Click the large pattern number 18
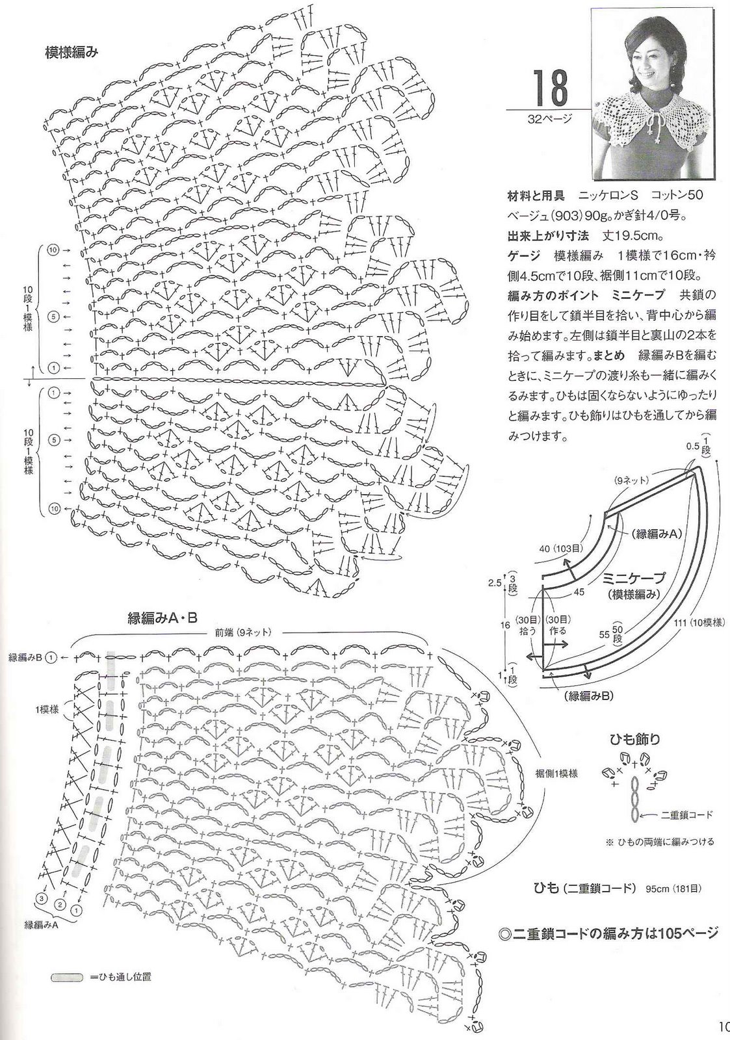click(550, 87)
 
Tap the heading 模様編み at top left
click(72, 53)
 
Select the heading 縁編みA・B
click(163, 618)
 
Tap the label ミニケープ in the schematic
click(633, 578)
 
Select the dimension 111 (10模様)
click(698, 623)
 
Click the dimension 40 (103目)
click(561, 549)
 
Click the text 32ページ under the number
click(549, 119)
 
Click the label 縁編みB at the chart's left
click(26, 657)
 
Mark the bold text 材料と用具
click(536, 196)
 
